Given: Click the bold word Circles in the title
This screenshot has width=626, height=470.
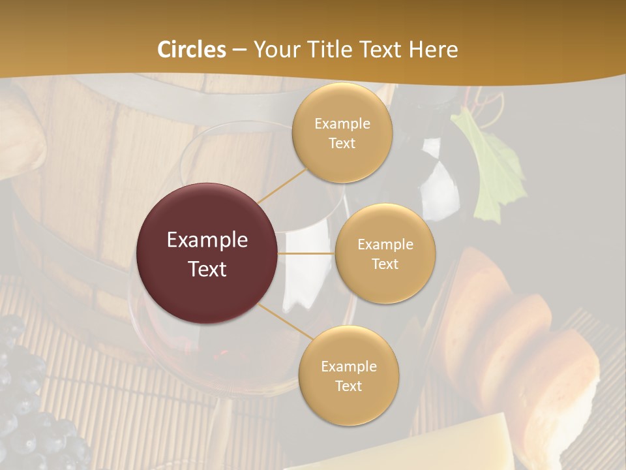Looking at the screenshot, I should [x=192, y=50].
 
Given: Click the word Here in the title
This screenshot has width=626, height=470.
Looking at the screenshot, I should [x=433, y=50].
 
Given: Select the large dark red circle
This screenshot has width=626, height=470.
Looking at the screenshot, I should [x=207, y=253].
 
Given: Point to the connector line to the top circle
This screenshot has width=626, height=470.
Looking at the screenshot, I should [x=282, y=185].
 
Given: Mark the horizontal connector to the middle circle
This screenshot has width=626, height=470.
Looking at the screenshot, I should [x=306, y=253].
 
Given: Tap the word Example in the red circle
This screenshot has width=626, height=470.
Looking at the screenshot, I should [x=207, y=240].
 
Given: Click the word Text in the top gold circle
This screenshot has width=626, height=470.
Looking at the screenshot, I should [x=342, y=143].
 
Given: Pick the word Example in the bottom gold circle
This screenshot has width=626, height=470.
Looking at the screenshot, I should [x=348, y=367].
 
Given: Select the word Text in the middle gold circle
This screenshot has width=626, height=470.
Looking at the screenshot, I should [x=385, y=264].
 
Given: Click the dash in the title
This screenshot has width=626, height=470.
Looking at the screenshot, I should [x=239, y=50].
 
